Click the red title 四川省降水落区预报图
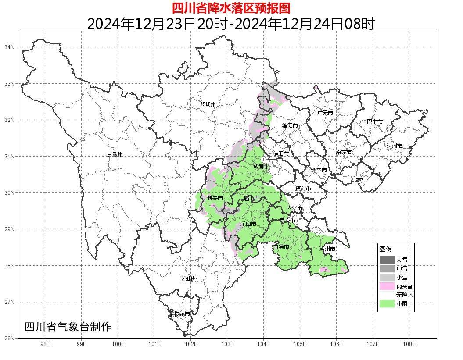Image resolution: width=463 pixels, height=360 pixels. (231, 8)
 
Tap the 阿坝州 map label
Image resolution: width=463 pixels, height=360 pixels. (208, 104)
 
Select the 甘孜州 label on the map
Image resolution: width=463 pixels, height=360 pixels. (115, 155)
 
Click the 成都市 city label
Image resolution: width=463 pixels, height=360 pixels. (261, 167)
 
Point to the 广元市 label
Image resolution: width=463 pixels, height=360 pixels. (325, 113)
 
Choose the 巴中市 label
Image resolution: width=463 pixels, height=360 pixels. (374, 122)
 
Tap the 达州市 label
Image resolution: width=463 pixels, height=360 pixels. (394, 146)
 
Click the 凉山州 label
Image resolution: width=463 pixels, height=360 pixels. (190, 279)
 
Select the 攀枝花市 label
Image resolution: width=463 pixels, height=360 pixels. (180, 314)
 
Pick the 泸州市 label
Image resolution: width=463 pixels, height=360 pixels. (327, 249)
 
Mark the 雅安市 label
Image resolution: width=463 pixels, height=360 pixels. (215, 198)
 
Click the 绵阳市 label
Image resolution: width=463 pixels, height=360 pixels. (290, 126)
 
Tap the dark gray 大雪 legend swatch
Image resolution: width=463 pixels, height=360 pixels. (387, 260)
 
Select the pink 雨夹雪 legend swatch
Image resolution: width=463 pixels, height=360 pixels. (387, 286)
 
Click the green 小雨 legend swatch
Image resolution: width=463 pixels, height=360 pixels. (387, 303)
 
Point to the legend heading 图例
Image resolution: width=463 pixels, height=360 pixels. (385, 249)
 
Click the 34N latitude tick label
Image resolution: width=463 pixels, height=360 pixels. (10, 47)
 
